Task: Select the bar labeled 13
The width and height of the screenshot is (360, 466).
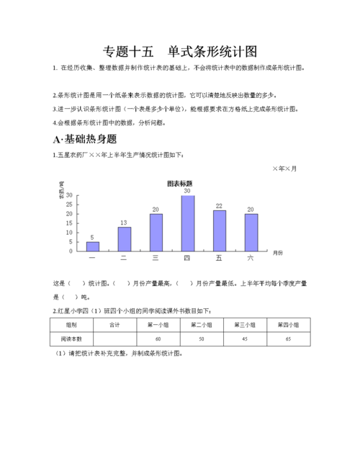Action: pyautogui.click(x=125, y=238)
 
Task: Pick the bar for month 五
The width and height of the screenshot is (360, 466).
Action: pyautogui.click(x=219, y=230)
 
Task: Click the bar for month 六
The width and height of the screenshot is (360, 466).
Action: pyautogui.click(x=251, y=232)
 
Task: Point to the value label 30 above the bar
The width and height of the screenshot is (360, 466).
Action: pyautogui.click(x=187, y=191)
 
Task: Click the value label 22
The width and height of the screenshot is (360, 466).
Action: pyautogui.click(x=219, y=206)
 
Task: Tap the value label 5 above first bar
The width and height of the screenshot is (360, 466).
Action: pyautogui.click(x=92, y=237)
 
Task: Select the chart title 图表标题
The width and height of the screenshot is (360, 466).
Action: pyautogui.click(x=179, y=182)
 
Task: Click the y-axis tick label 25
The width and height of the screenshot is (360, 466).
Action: pyautogui.click(x=70, y=205)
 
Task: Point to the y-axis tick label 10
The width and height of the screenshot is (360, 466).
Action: pyautogui.click(x=70, y=233)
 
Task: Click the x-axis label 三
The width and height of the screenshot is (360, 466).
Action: pyautogui.click(x=156, y=257)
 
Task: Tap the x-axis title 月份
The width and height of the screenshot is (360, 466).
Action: pyautogui.click(x=278, y=253)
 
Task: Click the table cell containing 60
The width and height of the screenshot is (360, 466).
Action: pyautogui.click(x=157, y=339)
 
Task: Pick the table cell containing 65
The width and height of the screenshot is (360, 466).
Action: pyautogui.click(x=288, y=339)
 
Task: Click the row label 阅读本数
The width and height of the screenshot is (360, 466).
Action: pyautogui.click(x=71, y=339)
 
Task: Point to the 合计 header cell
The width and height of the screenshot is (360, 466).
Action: pyautogui.click(x=114, y=325)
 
